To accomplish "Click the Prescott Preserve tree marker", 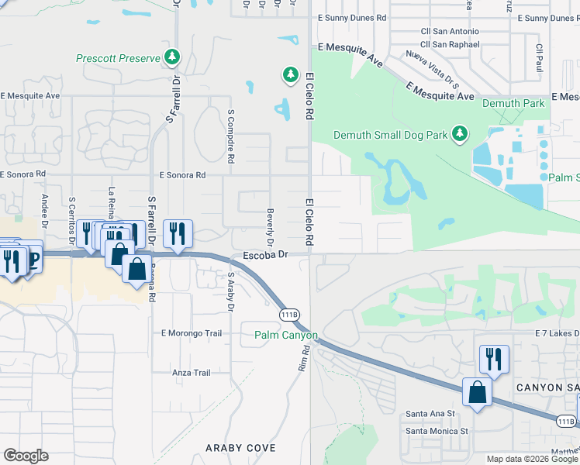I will click(x=172, y=58).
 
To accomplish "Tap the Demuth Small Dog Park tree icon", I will click(x=460, y=135).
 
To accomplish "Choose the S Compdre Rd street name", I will click(x=230, y=136).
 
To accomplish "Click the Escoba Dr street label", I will click(x=265, y=254).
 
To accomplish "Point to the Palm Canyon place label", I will click(x=286, y=336).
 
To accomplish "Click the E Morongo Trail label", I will click(x=191, y=333).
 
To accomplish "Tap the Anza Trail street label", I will click(x=192, y=373).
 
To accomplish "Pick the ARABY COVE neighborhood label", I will click(x=235, y=448).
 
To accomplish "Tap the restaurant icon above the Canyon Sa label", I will click(x=494, y=359).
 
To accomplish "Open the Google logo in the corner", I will click(x=26, y=456).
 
